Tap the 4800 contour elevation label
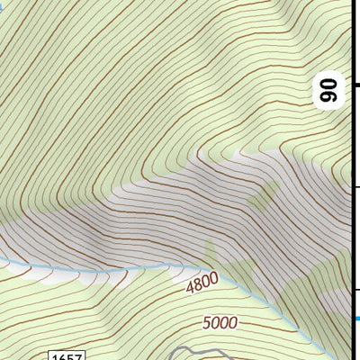pyautogui.click(x=202, y=285)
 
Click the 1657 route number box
pyautogui.click(x=67, y=355)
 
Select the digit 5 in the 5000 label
pyautogui.click(x=207, y=323)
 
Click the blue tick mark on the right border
pyautogui.click(x=356, y=318)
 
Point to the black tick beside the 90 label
pyautogui.click(x=356, y=85)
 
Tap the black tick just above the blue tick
pyautogui.click(x=356, y=289)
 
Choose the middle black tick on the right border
pyautogui.click(x=356, y=187)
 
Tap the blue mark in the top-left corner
pyautogui.click(x=3, y=4)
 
